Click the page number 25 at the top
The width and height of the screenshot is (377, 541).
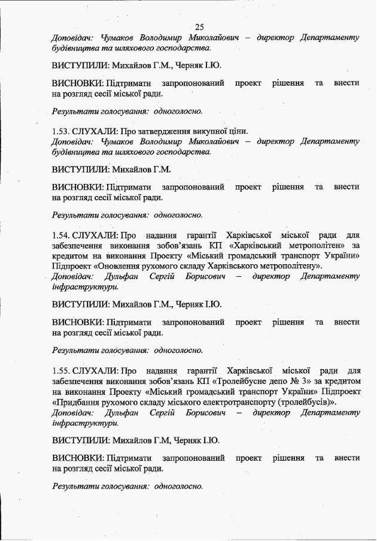tap(199, 26)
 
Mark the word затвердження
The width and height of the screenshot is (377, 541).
tap(163, 131)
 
